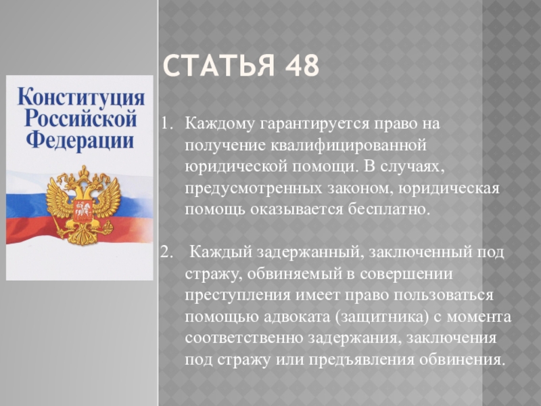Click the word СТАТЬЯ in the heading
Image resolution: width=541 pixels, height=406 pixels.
click(x=218, y=65)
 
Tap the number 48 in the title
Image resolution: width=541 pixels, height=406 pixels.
click(x=302, y=65)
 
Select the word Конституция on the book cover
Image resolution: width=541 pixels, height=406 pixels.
click(x=81, y=97)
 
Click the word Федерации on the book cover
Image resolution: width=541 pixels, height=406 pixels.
click(x=80, y=141)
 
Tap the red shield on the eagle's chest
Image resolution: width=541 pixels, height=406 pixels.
click(x=83, y=210)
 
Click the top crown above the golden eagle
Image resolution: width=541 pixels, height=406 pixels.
click(x=83, y=172)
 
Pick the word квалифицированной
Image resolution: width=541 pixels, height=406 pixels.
click(x=349, y=145)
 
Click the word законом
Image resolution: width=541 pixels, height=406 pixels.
click(x=360, y=189)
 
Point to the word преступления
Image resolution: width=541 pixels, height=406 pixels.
click(x=237, y=296)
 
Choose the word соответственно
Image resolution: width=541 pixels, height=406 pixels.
click(x=243, y=338)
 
